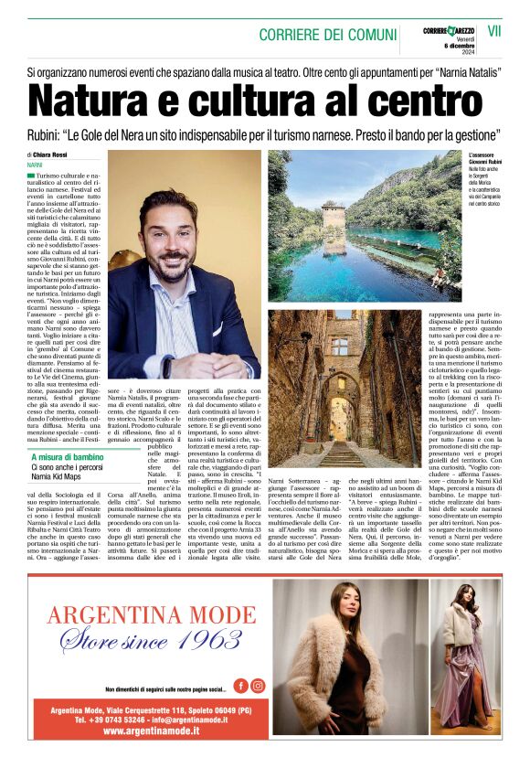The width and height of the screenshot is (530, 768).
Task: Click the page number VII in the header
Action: point(494,30)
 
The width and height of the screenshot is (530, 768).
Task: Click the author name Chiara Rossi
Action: point(52,155)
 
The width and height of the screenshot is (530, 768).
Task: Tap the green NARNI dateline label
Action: point(35,165)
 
